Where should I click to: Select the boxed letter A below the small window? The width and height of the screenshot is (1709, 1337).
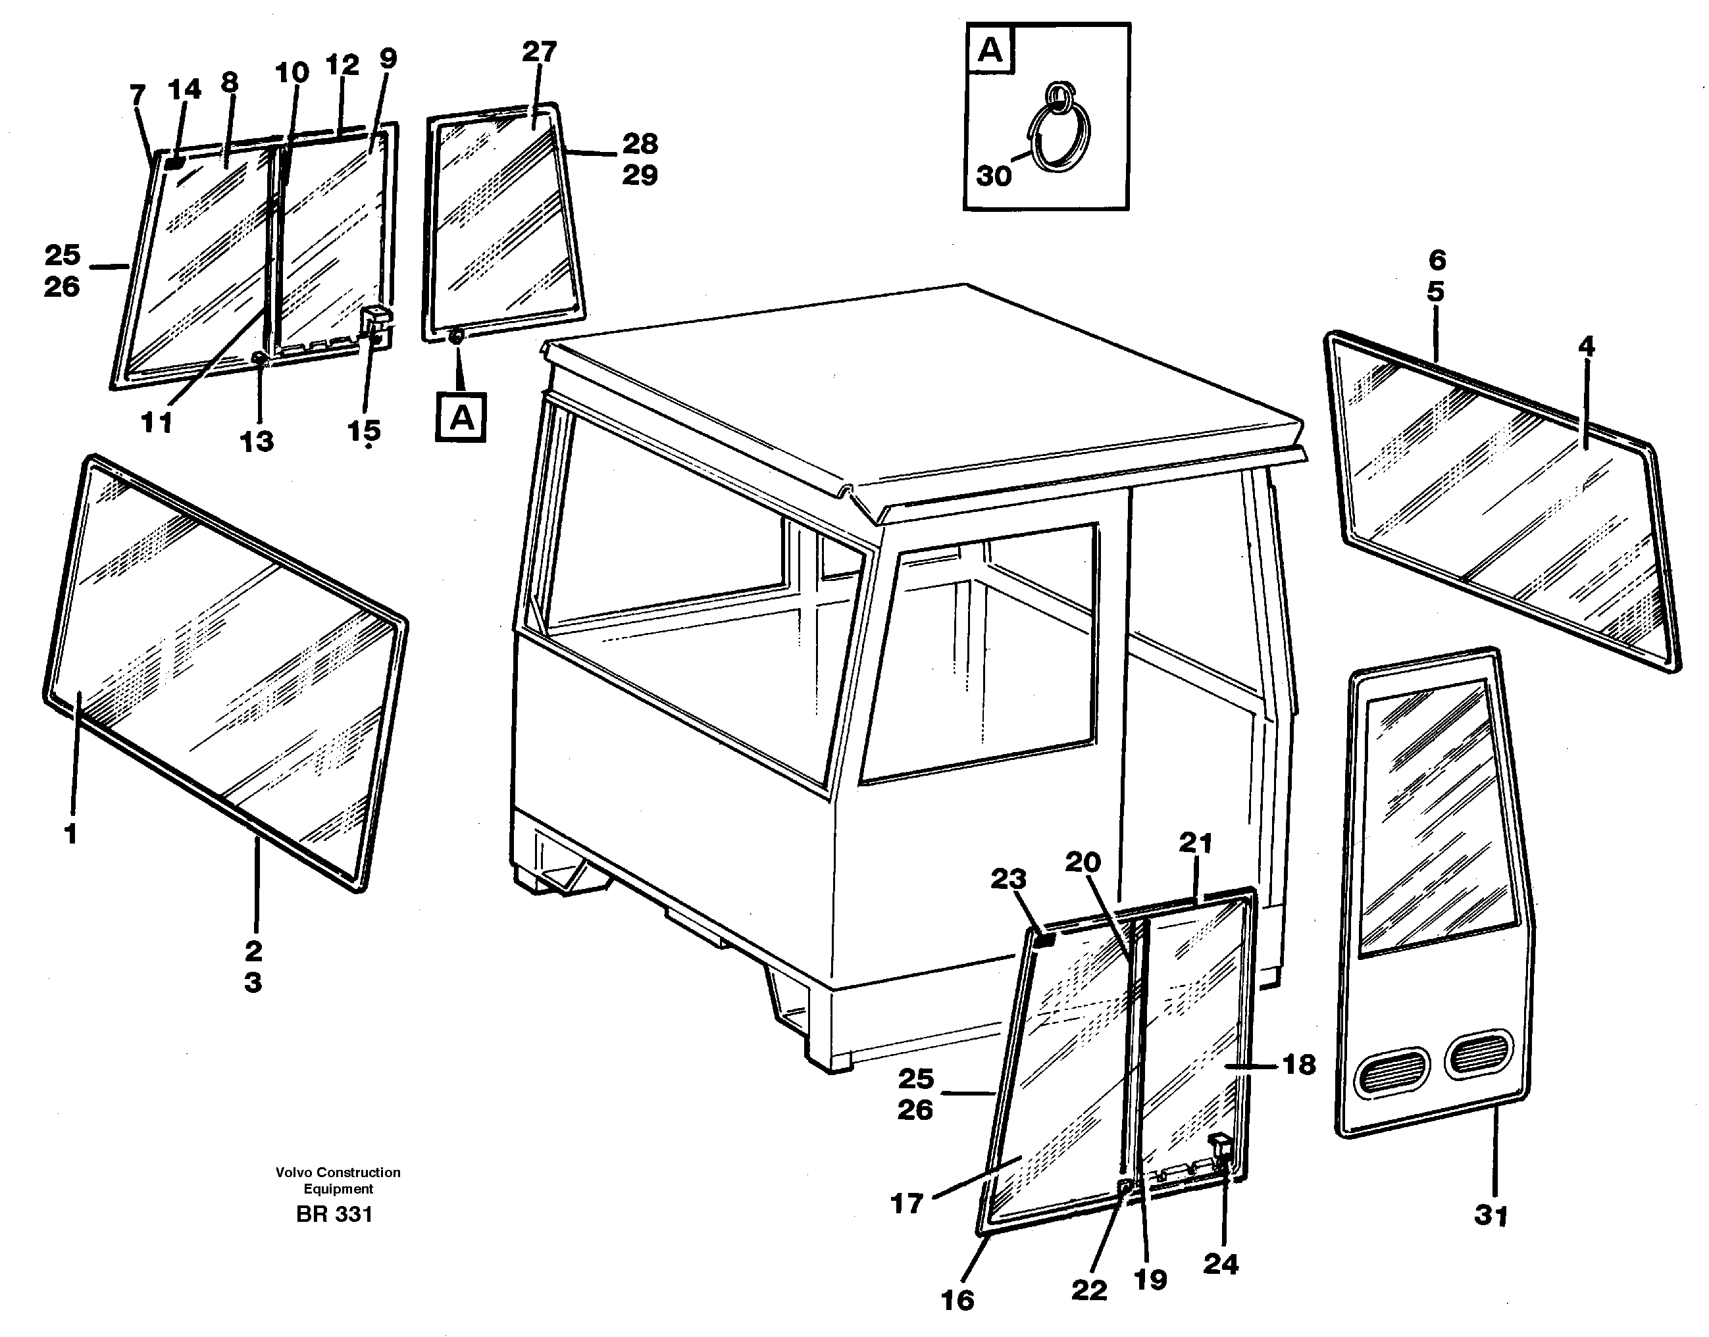tap(461, 418)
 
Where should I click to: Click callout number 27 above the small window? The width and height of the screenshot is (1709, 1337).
tap(538, 53)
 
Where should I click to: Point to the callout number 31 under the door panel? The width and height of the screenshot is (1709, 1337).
tap(1491, 1216)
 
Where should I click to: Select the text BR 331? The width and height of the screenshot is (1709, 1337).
tap(334, 1214)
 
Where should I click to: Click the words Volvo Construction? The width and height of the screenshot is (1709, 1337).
tap(338, 1172)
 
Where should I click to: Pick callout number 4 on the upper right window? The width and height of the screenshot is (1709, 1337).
tap(1585, 347)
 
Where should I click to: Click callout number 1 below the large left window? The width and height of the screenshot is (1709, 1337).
tap(70, 834)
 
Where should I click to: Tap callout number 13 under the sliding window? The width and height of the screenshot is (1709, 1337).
tap(257, 441)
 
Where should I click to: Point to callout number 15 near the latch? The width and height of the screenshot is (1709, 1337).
tap(363, 430)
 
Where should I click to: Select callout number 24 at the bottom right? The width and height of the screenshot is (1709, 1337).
tap(1221, 1263)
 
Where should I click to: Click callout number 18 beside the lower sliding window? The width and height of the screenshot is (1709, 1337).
tap(1300, 1065)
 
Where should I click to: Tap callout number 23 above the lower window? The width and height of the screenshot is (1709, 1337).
tap(1008, 879)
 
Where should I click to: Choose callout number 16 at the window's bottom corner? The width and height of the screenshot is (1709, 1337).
tap(957, 1300)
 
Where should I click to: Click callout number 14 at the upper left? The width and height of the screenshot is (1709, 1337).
tap(184, 90)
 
